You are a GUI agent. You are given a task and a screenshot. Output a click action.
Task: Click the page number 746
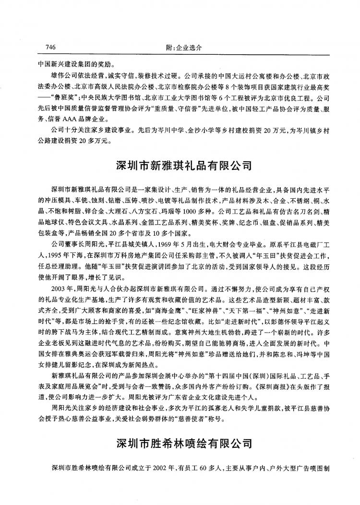51,48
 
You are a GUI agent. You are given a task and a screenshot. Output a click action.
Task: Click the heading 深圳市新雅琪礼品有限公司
184,166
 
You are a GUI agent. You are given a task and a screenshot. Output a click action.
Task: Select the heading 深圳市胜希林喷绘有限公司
184,442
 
